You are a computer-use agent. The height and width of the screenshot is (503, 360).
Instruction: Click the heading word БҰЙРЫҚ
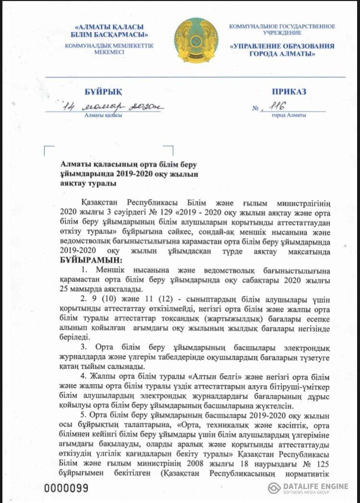[90, 92]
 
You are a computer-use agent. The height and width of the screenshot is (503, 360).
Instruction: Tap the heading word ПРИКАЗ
[288, 92]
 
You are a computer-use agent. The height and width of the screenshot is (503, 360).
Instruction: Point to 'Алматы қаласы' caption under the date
[103, 116]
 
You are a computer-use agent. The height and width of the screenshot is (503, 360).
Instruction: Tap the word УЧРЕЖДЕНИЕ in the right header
[282, 33]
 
